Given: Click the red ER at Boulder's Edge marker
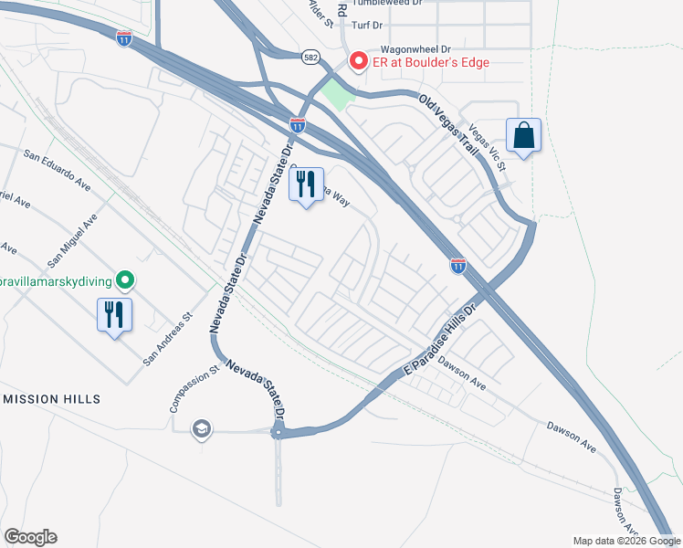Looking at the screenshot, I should pos(358,62).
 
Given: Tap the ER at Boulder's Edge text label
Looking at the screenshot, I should pos(428,62).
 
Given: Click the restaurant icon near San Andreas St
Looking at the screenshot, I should pos(115,315).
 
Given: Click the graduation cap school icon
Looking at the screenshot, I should pos(202,428).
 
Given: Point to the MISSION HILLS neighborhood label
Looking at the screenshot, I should pos(51,399).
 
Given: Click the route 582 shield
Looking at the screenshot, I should pos(310,56).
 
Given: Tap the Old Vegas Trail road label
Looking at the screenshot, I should pos(448,127).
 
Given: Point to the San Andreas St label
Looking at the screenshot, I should pos(168,341).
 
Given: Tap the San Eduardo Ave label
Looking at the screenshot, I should pos(58,171).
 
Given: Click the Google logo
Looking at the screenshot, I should pos(30,537).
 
